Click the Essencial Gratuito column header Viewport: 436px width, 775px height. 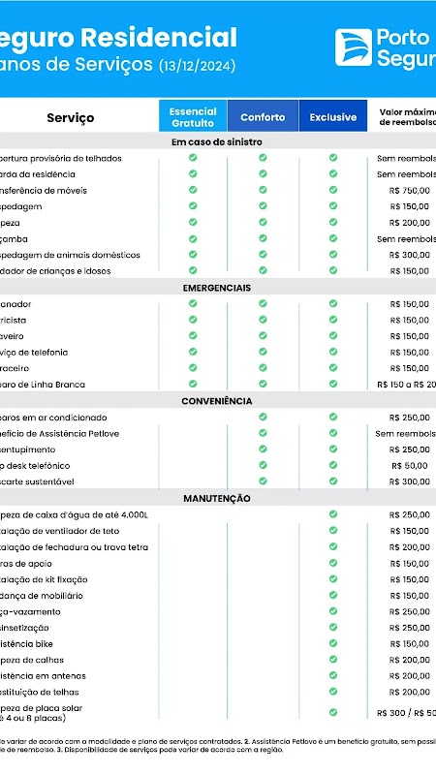point(193,117)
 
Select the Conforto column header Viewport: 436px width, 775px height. point(263,117)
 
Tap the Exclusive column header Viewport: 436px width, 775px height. point(333,117)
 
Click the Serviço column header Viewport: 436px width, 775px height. point(71,118)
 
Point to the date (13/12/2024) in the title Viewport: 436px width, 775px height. point(198,66)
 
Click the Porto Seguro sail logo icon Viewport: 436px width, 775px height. point(354,47)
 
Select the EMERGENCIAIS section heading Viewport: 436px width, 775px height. point(217,288)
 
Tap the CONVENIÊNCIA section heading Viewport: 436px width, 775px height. point(217,400)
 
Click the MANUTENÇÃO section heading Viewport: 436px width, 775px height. point(217,498)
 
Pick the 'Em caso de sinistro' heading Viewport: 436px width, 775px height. point(217,141)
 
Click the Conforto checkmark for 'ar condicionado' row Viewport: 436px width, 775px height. point(263,417)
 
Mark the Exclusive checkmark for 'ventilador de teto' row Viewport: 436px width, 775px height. point(333,531)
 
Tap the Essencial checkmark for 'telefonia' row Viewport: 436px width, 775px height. point(193,352)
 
